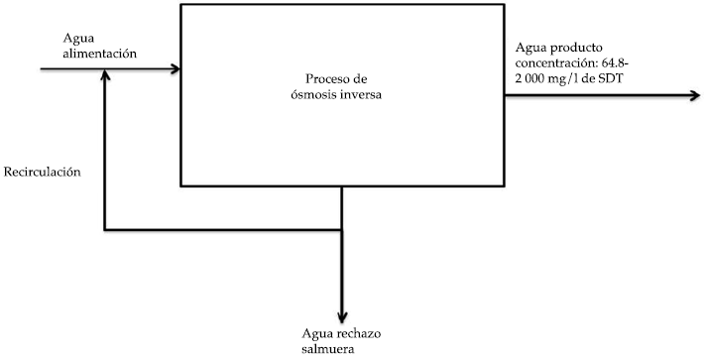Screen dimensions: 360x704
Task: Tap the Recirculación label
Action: click(x=43, y=172)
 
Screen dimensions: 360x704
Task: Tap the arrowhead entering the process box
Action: click(x=175, y=69)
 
